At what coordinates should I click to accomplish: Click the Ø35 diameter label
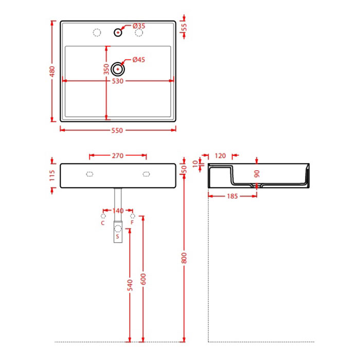click(139, 26)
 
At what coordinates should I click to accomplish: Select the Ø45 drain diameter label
click(139, 60)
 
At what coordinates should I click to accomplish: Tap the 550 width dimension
click(117, 131)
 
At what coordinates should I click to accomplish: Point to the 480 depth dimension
click(52, 71)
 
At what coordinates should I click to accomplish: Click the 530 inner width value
click(118, 81)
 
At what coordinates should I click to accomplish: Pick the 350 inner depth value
click(106, 69)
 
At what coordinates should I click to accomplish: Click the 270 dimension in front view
click(118, 156)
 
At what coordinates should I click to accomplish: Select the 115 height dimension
click(52, 175)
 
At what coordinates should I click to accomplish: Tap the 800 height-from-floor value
click(184, 258)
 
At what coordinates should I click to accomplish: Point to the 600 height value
click(143, 279)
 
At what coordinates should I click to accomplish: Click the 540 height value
click(130, 285)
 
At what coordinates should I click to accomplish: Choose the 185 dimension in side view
click(232, 196)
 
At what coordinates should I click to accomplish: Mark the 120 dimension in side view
click(220, 156)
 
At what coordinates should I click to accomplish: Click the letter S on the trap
click(118, 237)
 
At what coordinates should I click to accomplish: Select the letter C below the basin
click(103, 223)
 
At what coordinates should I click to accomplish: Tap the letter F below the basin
click(132, 223)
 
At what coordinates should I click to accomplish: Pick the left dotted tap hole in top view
click(97, 32)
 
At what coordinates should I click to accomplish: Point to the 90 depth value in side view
click(257, 174)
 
